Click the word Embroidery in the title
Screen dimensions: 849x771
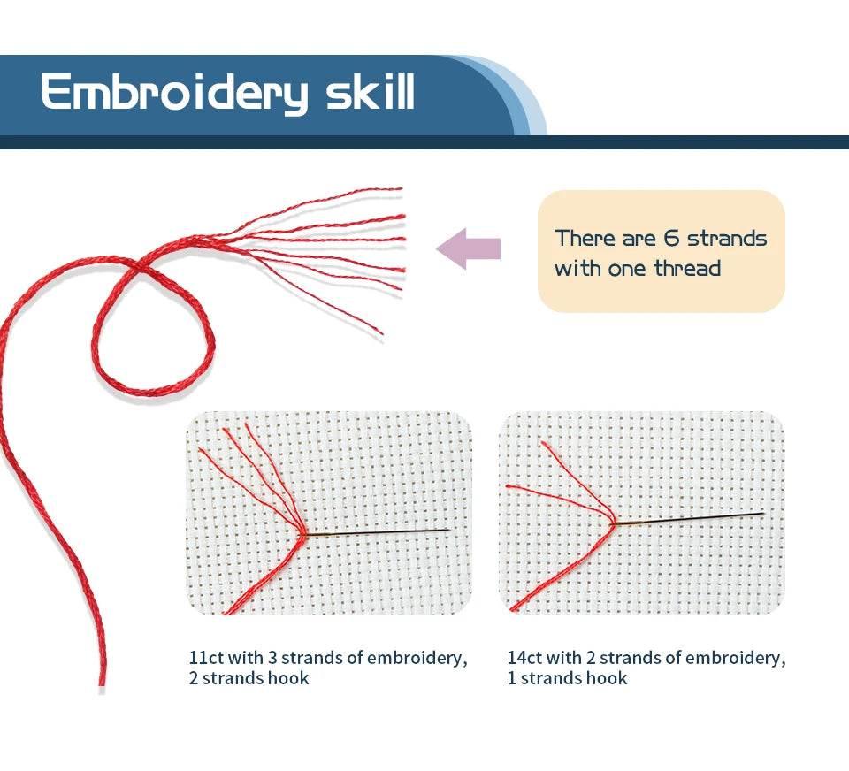coord(174,94)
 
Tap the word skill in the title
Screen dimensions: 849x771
coord(371,91)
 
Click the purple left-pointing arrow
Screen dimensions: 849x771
coord(469,248)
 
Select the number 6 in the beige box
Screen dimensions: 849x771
coord(671,238)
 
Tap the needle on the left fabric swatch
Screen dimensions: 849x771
coord(378,533)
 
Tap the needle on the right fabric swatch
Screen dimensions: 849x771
coord(687,519)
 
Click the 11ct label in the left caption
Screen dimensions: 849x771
coord(206,657)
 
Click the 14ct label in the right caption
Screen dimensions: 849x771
coord(524,657)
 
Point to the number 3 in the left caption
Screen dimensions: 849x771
coord(272,657)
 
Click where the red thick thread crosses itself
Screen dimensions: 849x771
coord(139,265)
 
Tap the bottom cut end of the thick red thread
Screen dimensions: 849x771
coord(103,683)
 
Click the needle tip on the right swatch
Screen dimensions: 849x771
coord(763,514)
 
